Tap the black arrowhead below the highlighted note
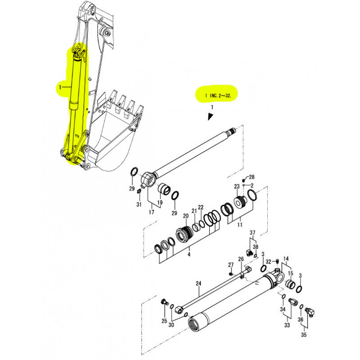tap(210, 117)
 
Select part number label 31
tap(139, 205)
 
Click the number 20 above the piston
tap(185, 216)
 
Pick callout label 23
tap(237, 187)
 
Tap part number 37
tap(252, 233)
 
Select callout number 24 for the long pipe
tap(198, 283)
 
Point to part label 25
tap(164, 321)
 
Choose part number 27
tap(231, 265)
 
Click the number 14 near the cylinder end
tap(286, 259)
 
